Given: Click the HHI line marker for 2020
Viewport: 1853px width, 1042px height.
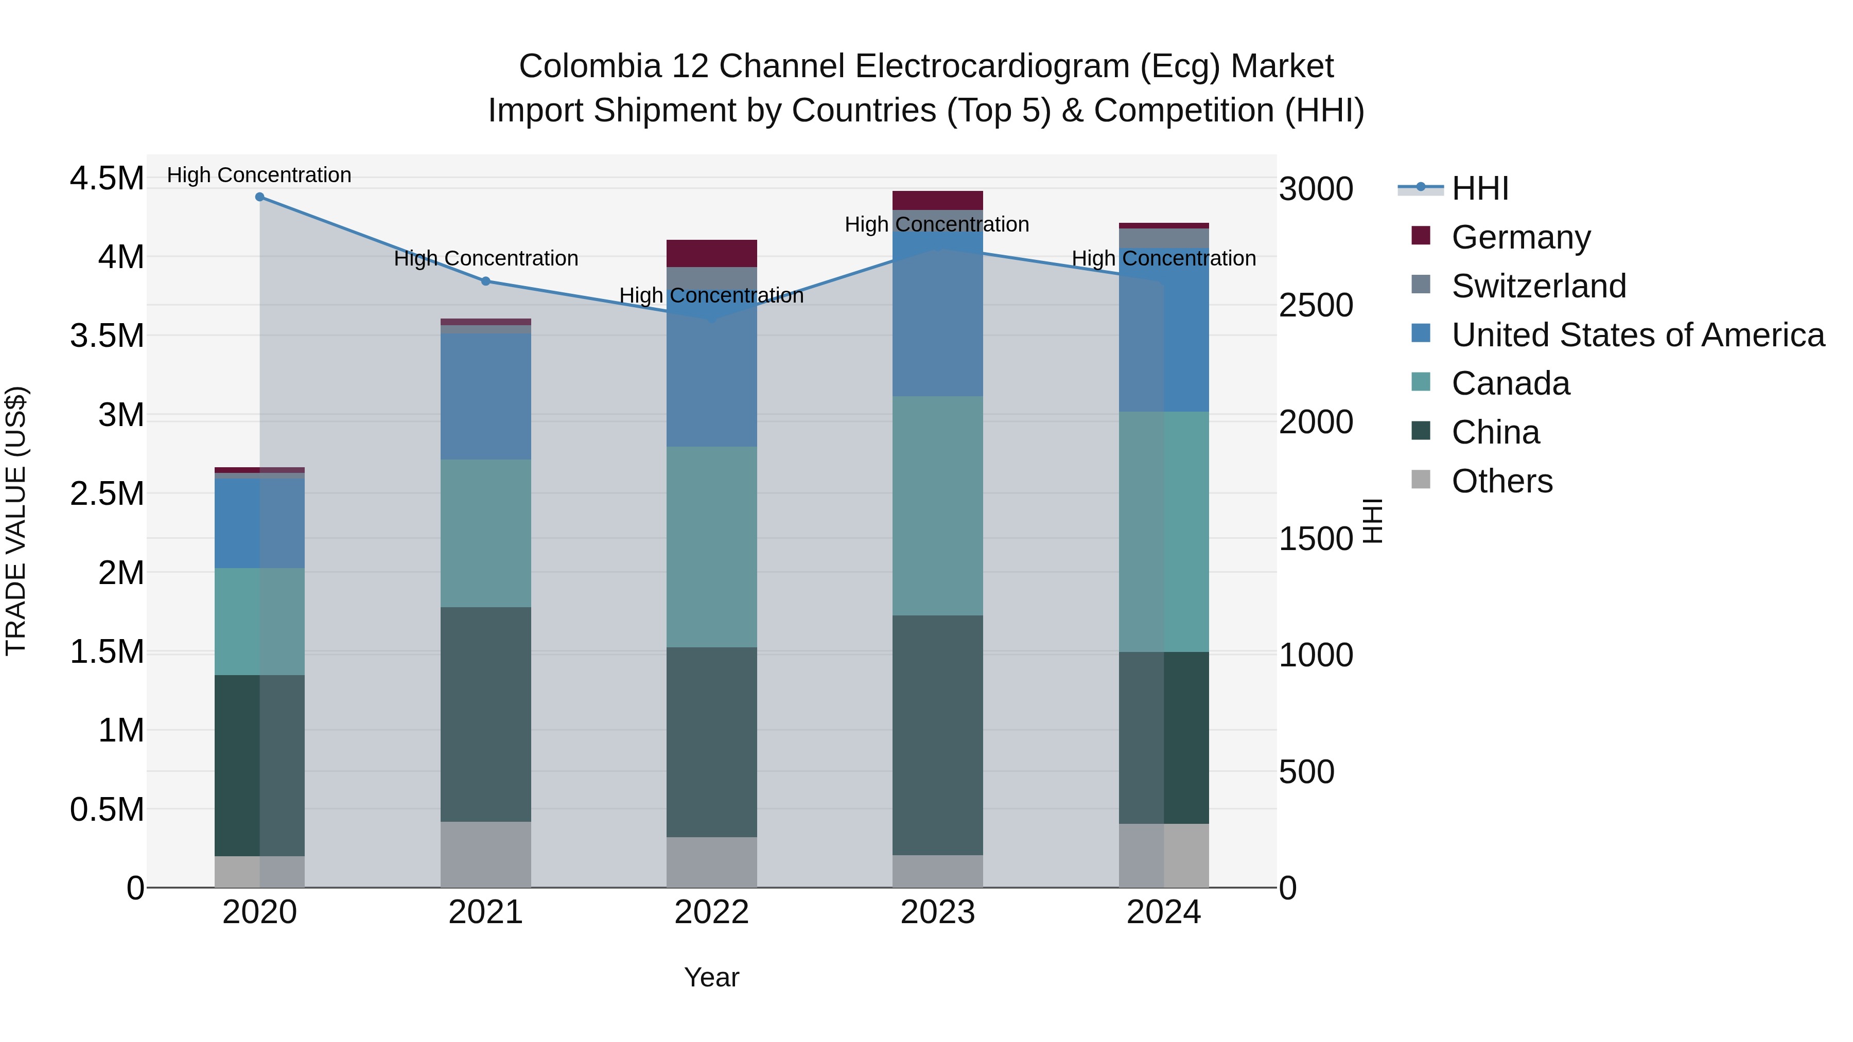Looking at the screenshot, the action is pos(260,197).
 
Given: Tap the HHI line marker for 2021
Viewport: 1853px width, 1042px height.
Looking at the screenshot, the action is pos(485,281).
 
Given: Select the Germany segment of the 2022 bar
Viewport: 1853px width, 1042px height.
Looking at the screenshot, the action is pos(711,253).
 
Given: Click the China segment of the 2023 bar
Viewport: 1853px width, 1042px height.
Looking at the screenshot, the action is pos(937,735).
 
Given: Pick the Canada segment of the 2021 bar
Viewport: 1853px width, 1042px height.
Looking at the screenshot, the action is pos(485,533).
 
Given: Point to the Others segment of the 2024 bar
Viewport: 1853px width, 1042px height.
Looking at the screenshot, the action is pos(1164,856).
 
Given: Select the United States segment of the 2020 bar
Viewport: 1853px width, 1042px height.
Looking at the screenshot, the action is pos(260,523).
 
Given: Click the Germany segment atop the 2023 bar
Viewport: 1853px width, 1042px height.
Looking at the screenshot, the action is pos(937,201).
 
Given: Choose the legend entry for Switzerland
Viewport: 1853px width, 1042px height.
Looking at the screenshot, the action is pos(1539,286).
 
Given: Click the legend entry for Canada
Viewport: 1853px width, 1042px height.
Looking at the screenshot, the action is pos(1511,383).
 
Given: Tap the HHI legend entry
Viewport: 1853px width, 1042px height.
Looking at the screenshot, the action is pos(1480,188).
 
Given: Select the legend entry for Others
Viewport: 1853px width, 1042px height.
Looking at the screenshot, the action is pos(1502,481).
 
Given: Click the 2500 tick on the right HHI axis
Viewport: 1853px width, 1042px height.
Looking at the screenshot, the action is pos(1316,306).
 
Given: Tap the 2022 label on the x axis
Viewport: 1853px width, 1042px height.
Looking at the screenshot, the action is pos(711,912).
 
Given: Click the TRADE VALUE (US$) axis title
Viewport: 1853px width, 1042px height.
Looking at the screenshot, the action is pos(16,521).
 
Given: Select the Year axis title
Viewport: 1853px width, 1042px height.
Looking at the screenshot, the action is pos(711,977).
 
